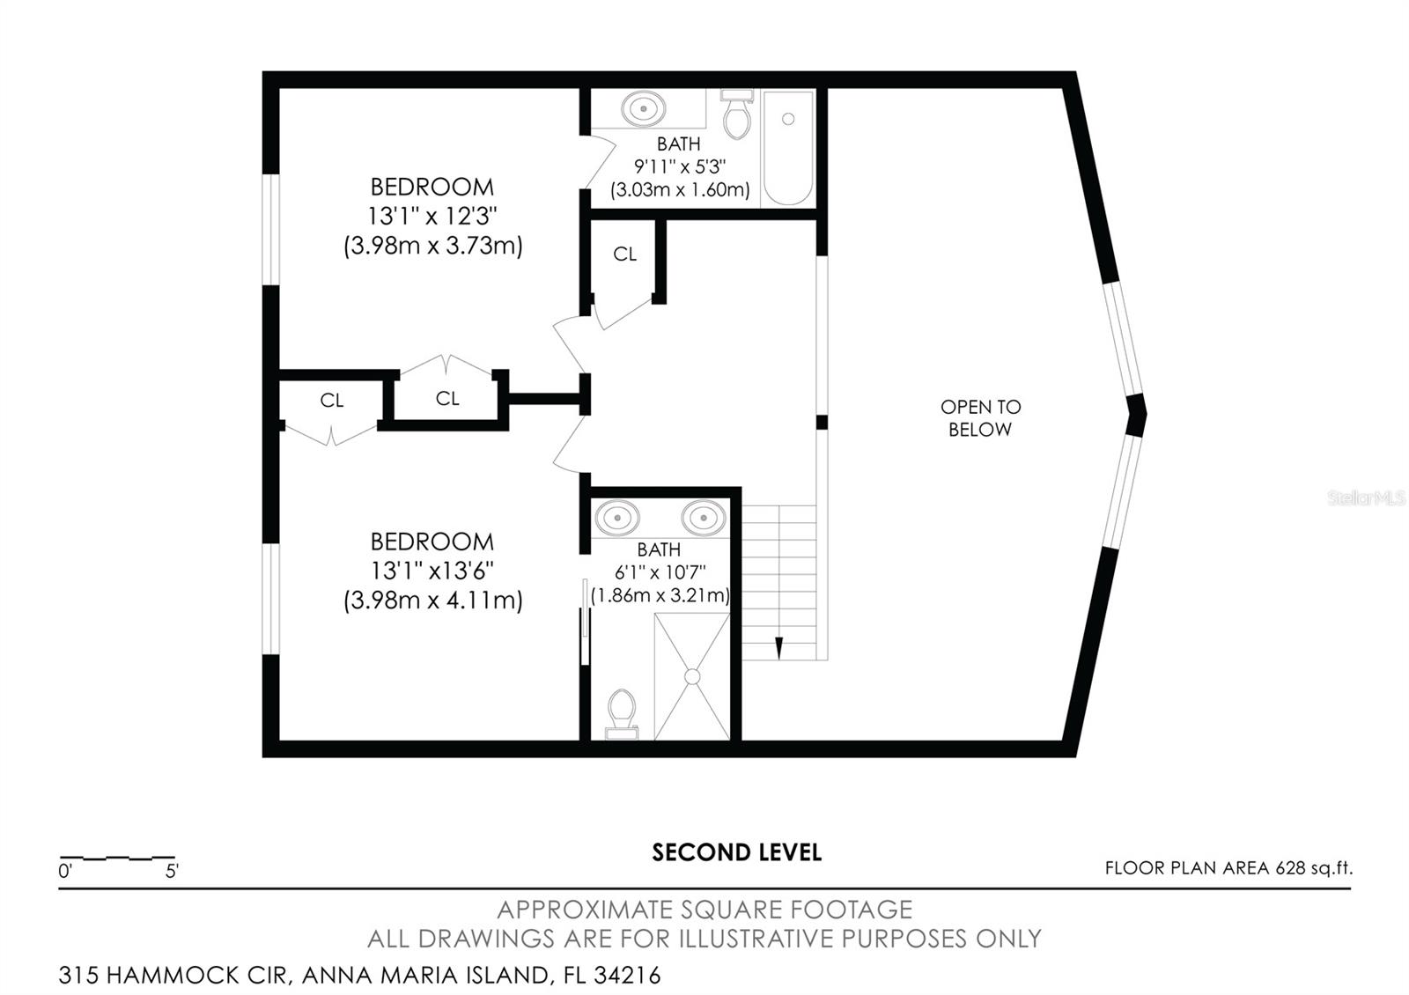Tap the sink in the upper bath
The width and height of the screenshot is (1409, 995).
(x=643, y=109)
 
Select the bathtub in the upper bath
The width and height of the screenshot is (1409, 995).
(x=788, y=149)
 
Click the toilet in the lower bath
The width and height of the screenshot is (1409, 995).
(x=622, y=714)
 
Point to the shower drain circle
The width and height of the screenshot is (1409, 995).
(x=692, y=677)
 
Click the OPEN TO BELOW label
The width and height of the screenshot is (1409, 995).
(x=981, y=418)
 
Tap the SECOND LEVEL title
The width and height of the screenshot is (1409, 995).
(x=736, y=852)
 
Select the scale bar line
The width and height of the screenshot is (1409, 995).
(x=117, y=858)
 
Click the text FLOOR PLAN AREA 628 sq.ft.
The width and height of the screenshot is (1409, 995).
(x=1228, y=868)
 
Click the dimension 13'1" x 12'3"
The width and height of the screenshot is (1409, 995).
(x=432, y=216)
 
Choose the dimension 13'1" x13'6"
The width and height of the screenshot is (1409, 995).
(x=432, y=571)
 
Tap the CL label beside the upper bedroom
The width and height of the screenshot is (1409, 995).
(x=624, y=254)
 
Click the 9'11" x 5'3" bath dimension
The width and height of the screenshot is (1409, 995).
(x=679, y=166)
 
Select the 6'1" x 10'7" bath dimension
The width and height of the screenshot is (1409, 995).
(x=660, y=572)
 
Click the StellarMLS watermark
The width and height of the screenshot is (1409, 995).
(x=1366, y=498)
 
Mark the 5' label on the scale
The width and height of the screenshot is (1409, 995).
(x=172, y=871)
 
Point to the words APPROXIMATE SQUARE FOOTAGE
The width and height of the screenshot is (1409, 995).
(x=704, y=910)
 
